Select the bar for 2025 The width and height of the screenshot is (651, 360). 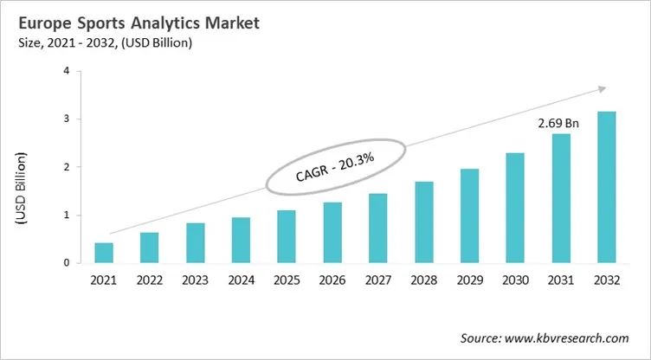pos(286,236)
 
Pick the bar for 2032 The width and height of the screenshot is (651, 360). pos(606,187)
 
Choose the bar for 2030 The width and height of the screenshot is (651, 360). pos(515,208)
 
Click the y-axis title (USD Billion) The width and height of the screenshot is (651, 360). pos(20,190)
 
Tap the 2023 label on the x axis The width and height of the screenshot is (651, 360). pos(195,280)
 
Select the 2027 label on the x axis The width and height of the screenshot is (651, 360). pos(378,280)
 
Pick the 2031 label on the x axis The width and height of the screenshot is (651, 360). pos(560,280)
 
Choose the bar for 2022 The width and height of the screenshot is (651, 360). pos(150,247)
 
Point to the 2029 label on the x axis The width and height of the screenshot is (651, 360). pos(469,280)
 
